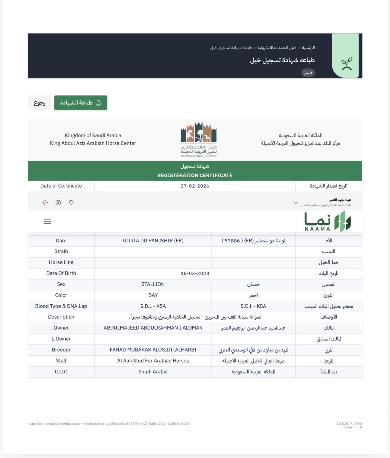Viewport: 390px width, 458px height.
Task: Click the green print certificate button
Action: tap(81, 103)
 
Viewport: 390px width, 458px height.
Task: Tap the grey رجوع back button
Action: tap(39, 103)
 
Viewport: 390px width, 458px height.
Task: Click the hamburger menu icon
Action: tap(48, 221)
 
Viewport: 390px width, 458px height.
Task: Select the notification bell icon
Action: tap(71, 203)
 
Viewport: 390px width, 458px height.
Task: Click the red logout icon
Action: tap(46, 203)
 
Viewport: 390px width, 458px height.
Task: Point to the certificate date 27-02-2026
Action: tap(195, 186)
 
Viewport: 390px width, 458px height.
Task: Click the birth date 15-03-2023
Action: tap(195, 273)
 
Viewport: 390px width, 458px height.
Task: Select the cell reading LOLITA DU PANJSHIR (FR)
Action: tap(153, 241)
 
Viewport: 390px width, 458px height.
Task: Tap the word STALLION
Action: tap(153, 284)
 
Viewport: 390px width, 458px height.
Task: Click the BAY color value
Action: tap(153, 295)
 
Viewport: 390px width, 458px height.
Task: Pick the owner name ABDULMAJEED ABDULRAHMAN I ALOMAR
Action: tap(153, 328)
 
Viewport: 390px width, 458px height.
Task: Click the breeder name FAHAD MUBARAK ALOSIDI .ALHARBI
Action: tap(153, 350)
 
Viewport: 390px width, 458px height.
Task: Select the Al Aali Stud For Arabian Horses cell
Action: tap(153, 361)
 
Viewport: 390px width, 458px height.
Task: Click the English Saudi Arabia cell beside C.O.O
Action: tap(153, 372)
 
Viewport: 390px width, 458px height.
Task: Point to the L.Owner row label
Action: tap(61, 339)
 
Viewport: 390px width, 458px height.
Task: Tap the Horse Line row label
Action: tap(61, 262)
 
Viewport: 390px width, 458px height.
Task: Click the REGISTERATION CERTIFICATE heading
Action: tap(195, 175)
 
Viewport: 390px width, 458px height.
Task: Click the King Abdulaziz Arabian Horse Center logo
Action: tap(199, 139)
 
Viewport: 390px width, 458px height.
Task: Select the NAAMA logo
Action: tap(327, 222)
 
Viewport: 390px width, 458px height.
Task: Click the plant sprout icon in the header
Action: tap(347, 64)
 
